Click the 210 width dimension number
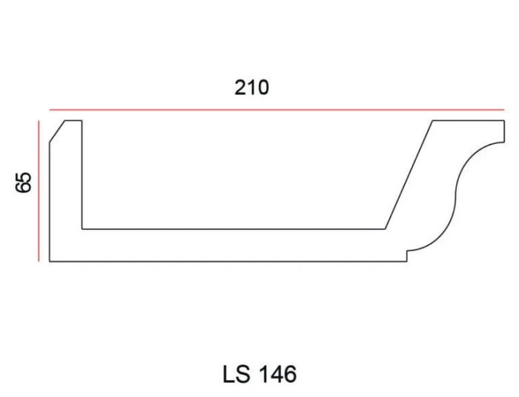tap(251, 88)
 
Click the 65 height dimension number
tap(24, 183)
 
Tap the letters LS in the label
tap(236, 374)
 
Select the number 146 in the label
tap(277, 374)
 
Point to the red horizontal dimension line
tap(277, 110)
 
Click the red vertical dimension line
tap(39, 191)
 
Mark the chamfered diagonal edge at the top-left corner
tap(57, 131)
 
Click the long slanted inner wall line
tap(409, 174)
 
